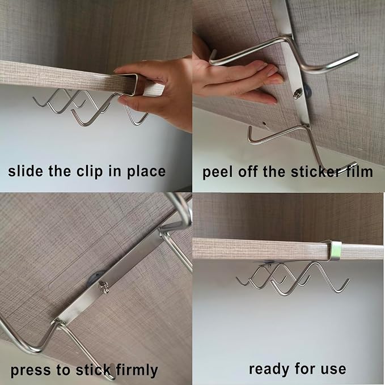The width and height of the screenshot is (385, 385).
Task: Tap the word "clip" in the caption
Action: click(90, 171)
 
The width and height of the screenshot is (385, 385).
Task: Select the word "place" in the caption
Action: click(146, 171)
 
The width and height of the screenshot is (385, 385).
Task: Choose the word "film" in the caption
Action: click(359, 171)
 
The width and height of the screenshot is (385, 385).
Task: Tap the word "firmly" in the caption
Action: click(137, 370)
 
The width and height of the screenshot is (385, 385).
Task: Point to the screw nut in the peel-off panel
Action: click(297, 94)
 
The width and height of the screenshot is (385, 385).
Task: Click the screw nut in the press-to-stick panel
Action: click(104, 287)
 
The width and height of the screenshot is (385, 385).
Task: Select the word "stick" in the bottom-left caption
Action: click(93, 370)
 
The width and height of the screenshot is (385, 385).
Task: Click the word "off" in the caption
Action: click(247, 171)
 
